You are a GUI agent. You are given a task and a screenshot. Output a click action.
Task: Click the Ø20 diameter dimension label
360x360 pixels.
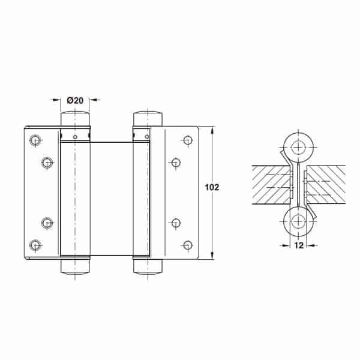(75, 100)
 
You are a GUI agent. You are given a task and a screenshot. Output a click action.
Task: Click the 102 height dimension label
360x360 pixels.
(212, 187)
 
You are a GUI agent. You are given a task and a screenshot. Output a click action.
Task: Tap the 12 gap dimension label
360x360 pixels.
(299, 245)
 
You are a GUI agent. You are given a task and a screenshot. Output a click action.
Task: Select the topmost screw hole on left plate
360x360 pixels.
(35, 140)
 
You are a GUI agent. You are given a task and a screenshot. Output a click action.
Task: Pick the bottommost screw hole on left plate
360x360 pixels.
(35, 245)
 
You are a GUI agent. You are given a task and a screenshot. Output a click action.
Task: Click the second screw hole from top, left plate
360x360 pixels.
(47, 163)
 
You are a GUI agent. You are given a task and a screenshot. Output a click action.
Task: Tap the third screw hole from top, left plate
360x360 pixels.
(47, 223)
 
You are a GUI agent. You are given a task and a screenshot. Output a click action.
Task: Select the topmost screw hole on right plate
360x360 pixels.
(188, 140)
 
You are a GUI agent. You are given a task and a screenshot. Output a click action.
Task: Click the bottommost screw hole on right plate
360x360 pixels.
(188, 245)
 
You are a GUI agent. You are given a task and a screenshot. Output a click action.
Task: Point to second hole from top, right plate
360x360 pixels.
(176, 163)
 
